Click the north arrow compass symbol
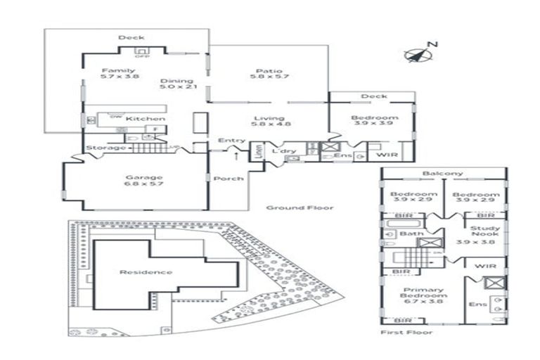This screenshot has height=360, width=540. point(418,54)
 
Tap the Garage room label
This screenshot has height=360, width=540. point(143,178)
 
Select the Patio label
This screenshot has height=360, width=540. point(269,71)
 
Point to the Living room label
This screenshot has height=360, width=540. point(269,119)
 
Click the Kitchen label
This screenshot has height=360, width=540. point(146,119)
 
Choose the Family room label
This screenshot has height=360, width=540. point(118,71)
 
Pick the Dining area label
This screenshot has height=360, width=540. point(176,81)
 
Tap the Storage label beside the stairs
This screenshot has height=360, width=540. point(105,148)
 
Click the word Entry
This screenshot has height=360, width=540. point(231,141)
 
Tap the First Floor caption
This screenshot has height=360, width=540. point(406,332)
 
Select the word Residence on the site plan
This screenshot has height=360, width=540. point(146,272)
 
